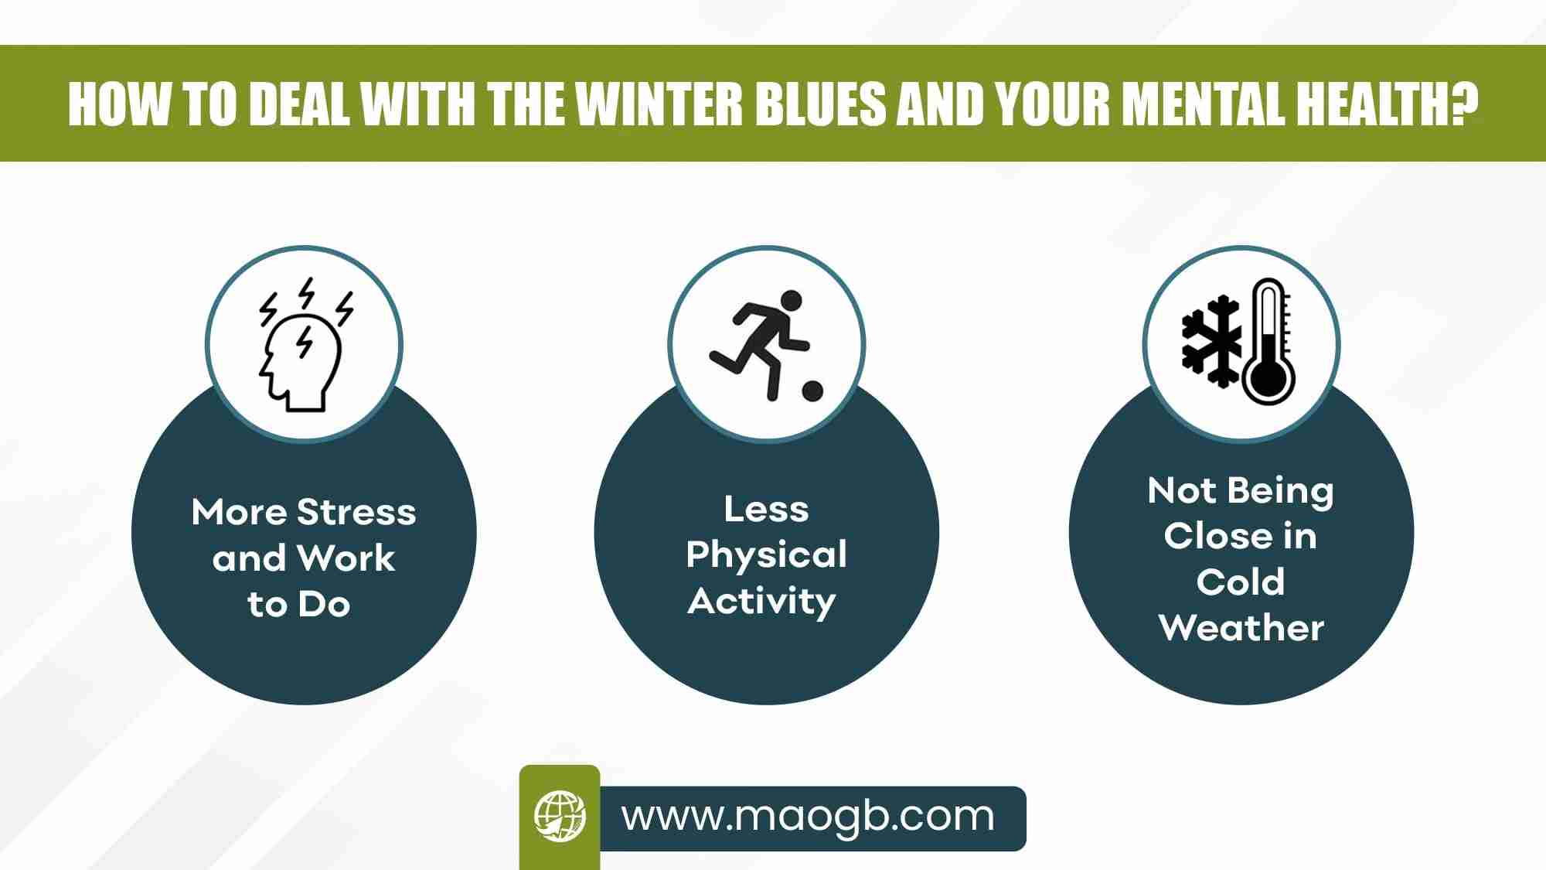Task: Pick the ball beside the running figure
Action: pos(812,391)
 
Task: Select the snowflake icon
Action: pos(1211,340)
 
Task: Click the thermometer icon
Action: pos(1268,340)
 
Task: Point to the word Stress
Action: pos(356,512)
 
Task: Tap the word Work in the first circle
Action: pos(346,558)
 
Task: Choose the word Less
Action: pos(766,509)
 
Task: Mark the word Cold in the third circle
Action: pos(1241,582)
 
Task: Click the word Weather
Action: pos(1241,627)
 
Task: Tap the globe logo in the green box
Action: pos(560,816)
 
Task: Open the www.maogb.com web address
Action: pos(808,817)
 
